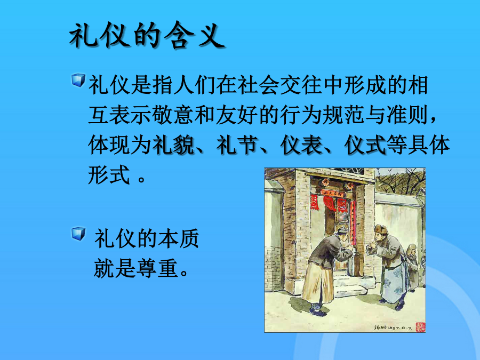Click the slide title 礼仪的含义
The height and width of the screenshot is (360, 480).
(147, 36)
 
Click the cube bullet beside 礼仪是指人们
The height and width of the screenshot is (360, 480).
(78, 80)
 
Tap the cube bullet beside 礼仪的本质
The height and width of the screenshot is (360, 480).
(78, 234)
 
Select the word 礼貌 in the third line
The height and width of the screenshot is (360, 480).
(173, 145)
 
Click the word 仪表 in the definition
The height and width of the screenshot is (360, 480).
(301, 145)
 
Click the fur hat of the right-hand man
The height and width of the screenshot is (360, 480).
(381, 229)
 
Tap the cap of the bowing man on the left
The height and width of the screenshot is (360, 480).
(342, 229)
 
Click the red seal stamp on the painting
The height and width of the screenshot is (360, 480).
(420, 326)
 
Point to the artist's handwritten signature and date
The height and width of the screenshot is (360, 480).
(393, 327)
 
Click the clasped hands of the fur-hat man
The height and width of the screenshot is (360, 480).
(372, 245)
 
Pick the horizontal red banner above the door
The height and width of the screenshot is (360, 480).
(332, 193)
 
